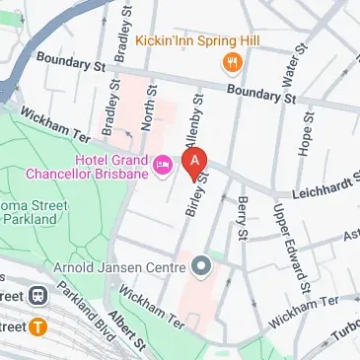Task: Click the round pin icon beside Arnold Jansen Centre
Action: click(x=201, y=264)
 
